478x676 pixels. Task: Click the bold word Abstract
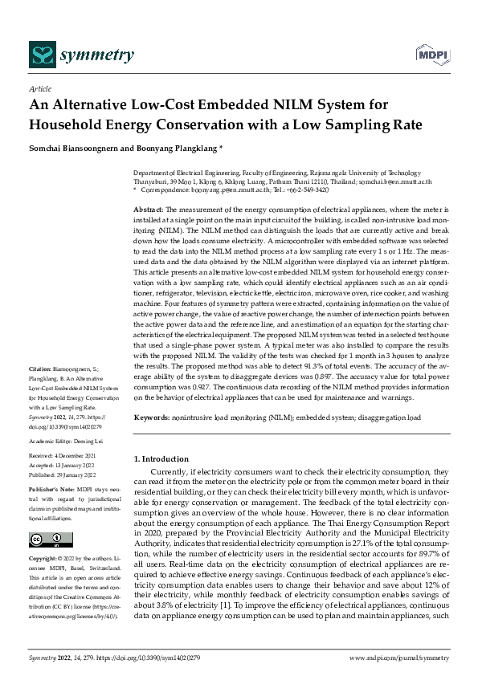click(x=148, y=208)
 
